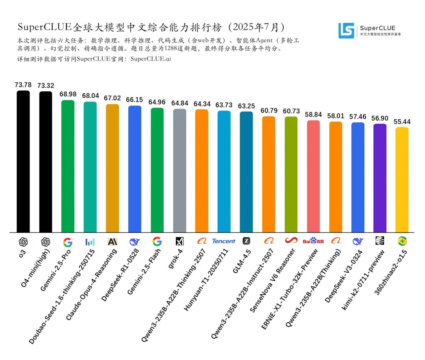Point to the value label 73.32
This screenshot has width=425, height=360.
coord(46,85)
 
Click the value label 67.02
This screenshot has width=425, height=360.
coord(113,98)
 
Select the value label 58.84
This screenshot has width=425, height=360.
coord(313,114)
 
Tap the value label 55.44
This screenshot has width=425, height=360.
coord(402,122)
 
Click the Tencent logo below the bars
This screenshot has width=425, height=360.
coord(224,241)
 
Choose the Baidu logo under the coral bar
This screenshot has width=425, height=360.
coord(313,241)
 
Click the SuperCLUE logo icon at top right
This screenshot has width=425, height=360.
coord(346,30)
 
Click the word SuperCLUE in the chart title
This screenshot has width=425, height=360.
coord(44,27)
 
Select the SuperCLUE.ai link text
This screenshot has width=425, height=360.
coord(150,59)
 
